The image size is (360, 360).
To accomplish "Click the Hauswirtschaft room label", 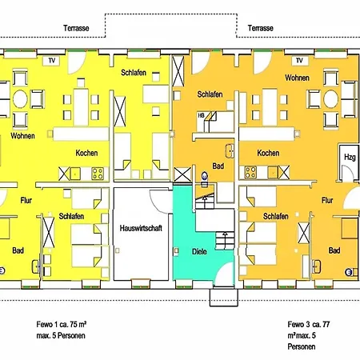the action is click(141, 228).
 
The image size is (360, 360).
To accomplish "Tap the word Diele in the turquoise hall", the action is click(199, 251).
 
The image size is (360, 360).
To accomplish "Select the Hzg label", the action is click(350, 158).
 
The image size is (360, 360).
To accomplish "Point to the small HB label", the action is click(201, 115).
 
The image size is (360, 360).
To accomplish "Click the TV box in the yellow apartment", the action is click(52, 61).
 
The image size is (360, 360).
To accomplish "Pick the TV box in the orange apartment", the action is click(299, 61).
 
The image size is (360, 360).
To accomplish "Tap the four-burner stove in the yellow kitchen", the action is click(98, 174).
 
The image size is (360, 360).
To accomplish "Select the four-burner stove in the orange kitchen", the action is click(250, 172).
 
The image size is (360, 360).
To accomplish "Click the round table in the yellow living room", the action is click(20, 99).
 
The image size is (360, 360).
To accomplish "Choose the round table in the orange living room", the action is click(330, 99).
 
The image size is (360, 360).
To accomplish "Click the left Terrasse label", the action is click(76, 28).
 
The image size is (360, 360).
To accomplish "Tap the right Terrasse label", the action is click(260, 28).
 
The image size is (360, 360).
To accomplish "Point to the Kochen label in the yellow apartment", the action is click(86, 153).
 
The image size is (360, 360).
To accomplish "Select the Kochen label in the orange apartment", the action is click(268, 153).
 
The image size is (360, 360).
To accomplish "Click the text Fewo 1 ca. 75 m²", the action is click(62, 324).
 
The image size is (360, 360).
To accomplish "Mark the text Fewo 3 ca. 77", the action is click(309, 324).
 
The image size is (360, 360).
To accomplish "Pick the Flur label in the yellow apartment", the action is click(26, 200).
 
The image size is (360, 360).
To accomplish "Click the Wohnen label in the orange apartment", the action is click(297, 78).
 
